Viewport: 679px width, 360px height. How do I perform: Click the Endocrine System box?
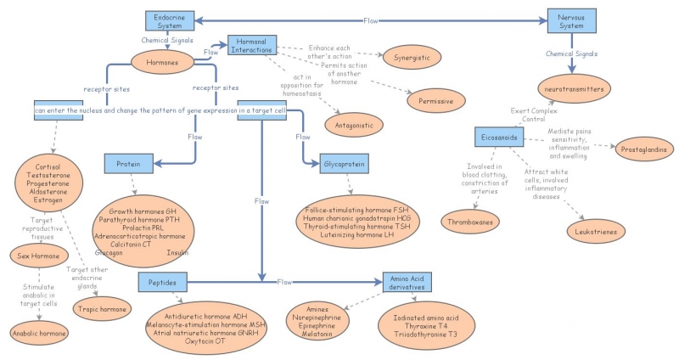tap(167, 20)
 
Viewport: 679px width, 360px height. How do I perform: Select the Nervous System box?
tap(570, 20)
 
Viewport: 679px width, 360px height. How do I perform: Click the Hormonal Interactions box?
tap(252, 47)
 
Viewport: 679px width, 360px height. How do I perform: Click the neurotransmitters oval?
tap(572, 88)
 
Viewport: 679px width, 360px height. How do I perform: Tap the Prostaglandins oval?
tap(645, 148)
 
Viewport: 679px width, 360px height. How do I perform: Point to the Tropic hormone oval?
tap(102, 307)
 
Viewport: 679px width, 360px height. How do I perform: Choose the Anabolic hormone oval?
tap(39, 334)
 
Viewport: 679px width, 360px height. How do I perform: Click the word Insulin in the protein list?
tap(178, 253)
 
